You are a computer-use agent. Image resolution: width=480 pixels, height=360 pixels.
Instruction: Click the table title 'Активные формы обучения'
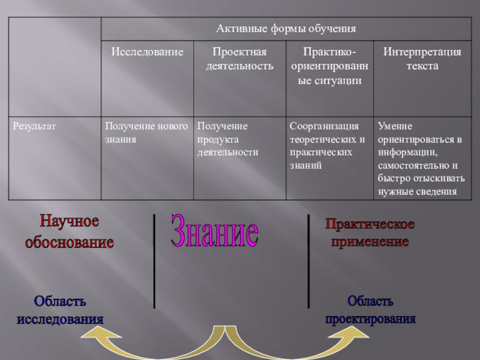click(x=286, y=28)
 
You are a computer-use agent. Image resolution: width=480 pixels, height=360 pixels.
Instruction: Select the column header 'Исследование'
click(x=147, y=52)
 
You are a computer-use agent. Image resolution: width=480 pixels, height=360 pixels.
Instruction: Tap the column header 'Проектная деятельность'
click(x=239, y=59)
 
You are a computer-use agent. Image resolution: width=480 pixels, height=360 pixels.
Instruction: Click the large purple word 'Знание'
click(x=215, y=231)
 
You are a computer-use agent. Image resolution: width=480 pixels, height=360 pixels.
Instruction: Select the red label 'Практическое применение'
click(x=370, y=233)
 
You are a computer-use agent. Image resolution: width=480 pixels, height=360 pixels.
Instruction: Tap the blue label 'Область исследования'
click(x=60, y=309)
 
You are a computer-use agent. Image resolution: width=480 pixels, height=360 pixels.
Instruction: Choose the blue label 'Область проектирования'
click(x=370, y=309)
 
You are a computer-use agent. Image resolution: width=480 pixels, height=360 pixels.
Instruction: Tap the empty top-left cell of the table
click(x=54, y=66)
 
